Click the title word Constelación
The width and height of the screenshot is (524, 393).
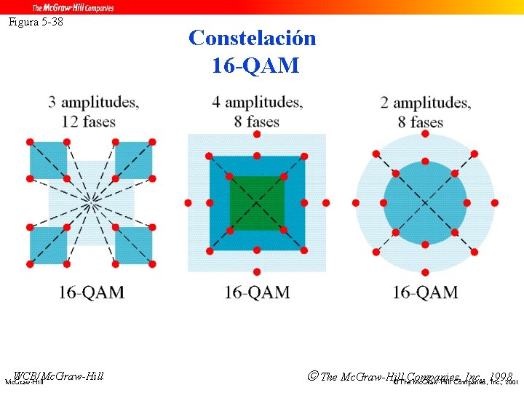[x=252, y=38]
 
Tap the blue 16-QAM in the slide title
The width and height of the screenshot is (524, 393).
[x=255, y=66]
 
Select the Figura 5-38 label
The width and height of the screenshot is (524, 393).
[x=36, y=22]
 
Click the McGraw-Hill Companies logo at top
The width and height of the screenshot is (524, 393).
[x=72, y=7]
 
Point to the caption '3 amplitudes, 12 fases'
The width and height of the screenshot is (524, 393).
[x=94, y=111]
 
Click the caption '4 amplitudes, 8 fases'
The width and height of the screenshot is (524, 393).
[x=258, y=111]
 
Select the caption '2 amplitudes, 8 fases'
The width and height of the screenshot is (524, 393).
[x=425, y=111]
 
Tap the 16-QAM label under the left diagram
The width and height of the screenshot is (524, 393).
[x=92, y=293]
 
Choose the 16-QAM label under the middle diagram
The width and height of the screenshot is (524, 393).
[x=257, y=293]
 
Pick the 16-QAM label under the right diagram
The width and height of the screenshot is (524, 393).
[x=425, y=293]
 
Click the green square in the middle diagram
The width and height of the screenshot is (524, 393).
[x=256, y=202]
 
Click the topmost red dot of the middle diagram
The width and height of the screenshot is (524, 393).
[x=256, y=135]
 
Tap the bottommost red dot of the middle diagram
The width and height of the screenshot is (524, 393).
[x=256, y=271]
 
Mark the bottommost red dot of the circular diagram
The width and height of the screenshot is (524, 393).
[x=425, y=272]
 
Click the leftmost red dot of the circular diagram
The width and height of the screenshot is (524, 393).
[x=356, y=202]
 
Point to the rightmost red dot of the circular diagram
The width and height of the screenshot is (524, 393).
[x=494, y=202]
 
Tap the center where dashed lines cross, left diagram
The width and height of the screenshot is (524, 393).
[x=91, y=203]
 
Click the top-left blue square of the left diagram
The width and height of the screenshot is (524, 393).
[x=48, y=160]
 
